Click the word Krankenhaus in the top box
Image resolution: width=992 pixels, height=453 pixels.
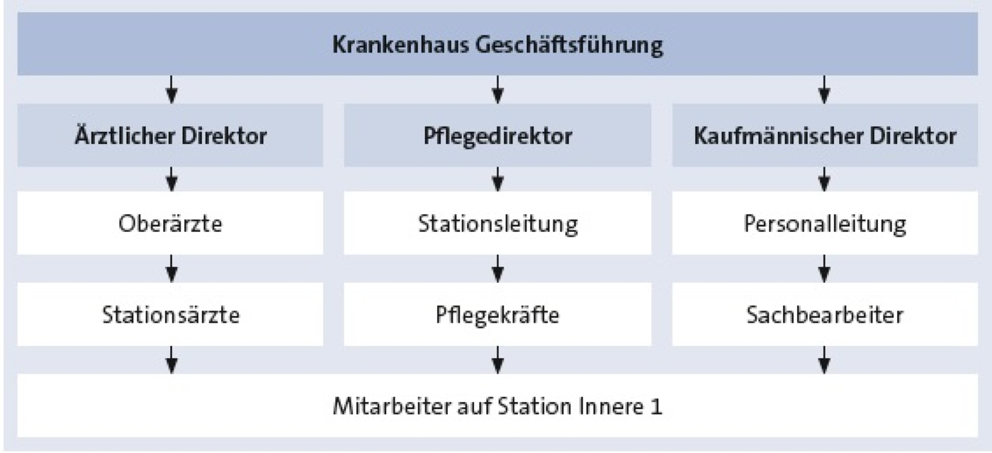pyautogui.click(x=400, y=45)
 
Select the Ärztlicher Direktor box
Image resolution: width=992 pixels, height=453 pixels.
pyautogui.click(x=171, y=135)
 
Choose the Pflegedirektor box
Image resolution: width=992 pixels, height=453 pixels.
pyautogui.click(x=497, y=135)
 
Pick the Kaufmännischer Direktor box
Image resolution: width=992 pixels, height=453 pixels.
pyautogui.click(x=825, y=135)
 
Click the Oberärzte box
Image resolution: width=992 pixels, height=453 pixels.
pyautogui.click(x=171, y=223)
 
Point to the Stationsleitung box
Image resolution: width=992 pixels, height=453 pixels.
pyautogui.click(x=497, y=223)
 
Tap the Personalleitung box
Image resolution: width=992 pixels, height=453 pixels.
pyautogui.click(x=825, y=223)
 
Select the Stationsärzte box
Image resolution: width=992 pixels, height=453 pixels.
pyautogui.click(x=171, y=314)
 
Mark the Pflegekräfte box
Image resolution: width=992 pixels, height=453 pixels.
pyautogui.click(x=497, y=314)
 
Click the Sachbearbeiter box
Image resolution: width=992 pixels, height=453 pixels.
pyautogui.click(x=825, y=314)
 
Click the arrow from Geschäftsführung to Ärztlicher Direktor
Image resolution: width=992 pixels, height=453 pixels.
pyautogui.click(x=171, y=89)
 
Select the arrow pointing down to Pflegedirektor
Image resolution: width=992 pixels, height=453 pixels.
pyautogui.click(x=497, y=89)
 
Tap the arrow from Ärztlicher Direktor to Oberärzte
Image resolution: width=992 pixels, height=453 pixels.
pyautogui.click(x=171, y=179)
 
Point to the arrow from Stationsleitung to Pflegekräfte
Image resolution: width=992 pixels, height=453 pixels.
pyautogui.click(x=497, y=269)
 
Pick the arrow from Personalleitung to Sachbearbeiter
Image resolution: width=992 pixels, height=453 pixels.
pyautogui.click(x=824, y=269)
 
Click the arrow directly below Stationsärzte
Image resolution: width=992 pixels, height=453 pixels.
pyautogui.click(x=171, y=360)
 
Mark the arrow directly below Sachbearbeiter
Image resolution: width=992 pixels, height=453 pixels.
pyautogui.click(x=824, y=360)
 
